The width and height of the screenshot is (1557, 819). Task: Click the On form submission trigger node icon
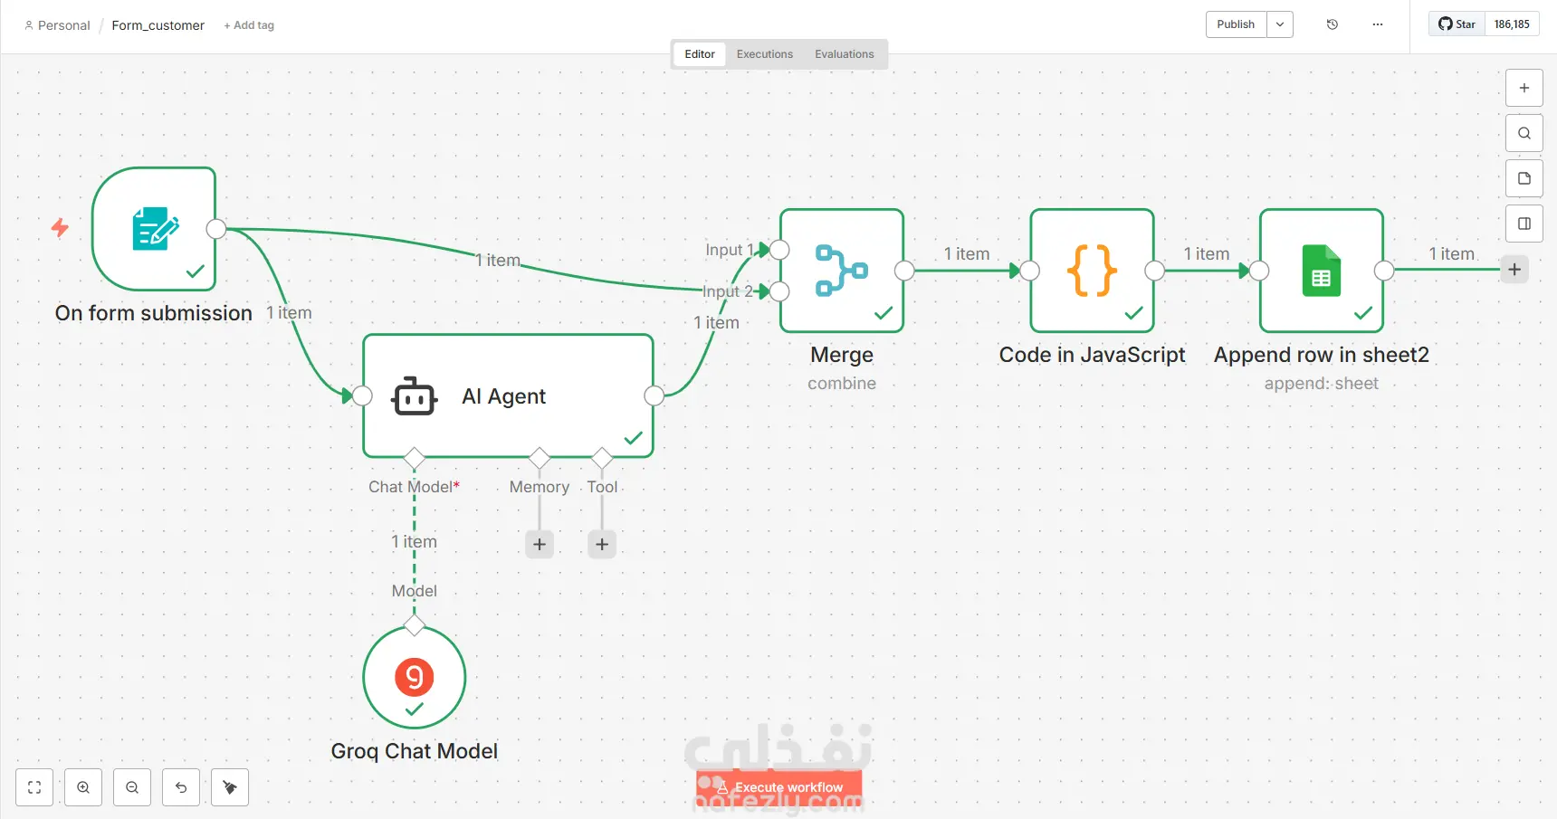click(156, 229)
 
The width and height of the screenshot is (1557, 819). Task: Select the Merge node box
click(842, 271)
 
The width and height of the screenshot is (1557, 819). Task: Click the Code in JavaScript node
click(1093, 271)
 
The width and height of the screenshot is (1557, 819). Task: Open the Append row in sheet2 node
click(1322, 271)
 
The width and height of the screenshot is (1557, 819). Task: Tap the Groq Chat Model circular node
click(415, 677)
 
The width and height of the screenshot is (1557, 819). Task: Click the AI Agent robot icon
click(415, 396)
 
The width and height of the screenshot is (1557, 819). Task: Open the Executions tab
click(765, 54)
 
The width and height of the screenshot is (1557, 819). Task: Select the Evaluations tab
click(845, 54)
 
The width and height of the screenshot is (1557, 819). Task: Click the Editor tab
click(700, 54)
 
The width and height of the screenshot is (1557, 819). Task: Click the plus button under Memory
click(540, 544)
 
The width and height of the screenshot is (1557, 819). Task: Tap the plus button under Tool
click(602, 544)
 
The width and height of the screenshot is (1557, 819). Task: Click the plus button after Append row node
click(1514, 270)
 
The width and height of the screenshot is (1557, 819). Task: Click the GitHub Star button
click(1457, 24)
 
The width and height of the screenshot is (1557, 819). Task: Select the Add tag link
click(249, 25)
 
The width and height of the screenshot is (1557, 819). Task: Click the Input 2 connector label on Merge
click(728, 291)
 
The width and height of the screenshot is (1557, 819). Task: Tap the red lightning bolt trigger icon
click(60, 227)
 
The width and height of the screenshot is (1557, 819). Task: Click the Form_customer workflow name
click(158, 25)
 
